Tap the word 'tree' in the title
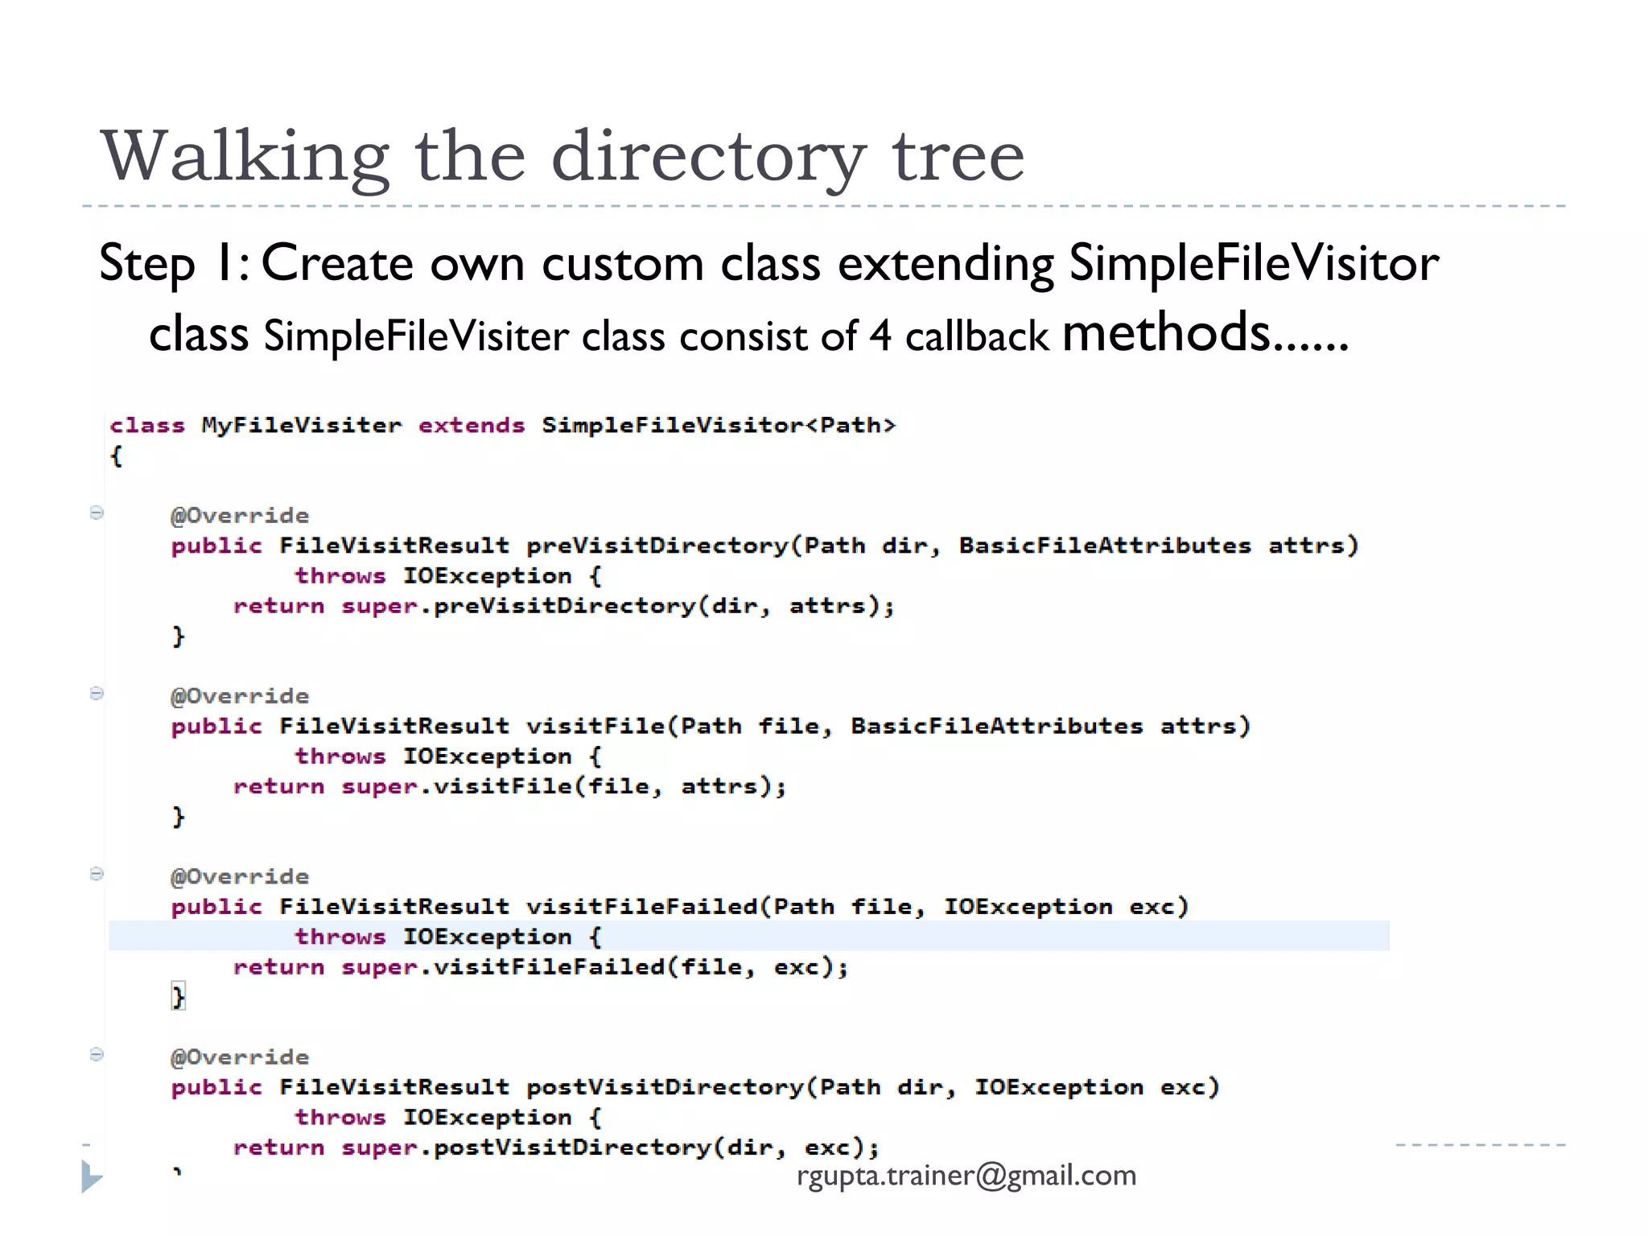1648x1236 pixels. [x=958, y=156]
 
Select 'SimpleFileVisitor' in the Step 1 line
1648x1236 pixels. [x=1253, y=263]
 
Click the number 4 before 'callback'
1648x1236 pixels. [x=880, y=336]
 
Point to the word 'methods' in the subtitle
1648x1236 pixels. [x=1166, y=332]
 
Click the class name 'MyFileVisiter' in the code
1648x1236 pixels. [x=301, y=425]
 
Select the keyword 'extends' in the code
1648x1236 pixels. [x=471, y=425]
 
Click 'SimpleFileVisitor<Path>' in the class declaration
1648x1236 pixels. [x=718, y=425]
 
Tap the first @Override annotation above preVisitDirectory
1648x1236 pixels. [x=240, y=516]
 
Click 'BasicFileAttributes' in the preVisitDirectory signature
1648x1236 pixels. [x=1104, y=546]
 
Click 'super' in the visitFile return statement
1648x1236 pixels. [x=379, y=786]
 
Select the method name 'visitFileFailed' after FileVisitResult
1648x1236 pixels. [x=641, y=907]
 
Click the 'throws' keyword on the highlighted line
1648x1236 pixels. [x=340, y=937]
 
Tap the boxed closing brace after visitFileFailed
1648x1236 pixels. [x=179, y=997]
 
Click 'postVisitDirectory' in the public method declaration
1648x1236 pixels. [x=665, y=1087]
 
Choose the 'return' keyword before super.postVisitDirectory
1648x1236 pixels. [x=278, y=1147]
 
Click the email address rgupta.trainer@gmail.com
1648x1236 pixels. [x=966, y=1176]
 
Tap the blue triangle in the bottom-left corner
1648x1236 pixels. [x=91, y=1176]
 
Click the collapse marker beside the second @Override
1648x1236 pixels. [x=97, y=694]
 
